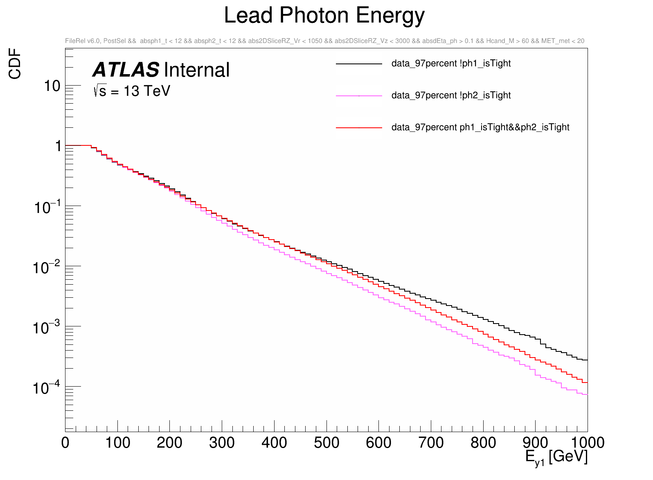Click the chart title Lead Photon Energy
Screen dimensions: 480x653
[x=324, y=16]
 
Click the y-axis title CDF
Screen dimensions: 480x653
[x=15, y=63]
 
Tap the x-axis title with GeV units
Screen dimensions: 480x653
[x=556, y=457]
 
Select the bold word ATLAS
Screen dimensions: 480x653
[x=126, y=70]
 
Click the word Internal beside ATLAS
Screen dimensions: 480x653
[x=197, y=70]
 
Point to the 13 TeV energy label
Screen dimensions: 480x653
[x=132, y=91]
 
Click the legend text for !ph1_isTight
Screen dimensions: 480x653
[x=451, y=63]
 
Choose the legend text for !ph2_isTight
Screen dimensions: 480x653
[x=451, y=95]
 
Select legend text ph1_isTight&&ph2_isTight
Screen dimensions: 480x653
[x=480, y=127]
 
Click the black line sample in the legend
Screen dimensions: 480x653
[x=359, y=64]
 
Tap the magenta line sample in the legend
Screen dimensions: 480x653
[x=359, y=96]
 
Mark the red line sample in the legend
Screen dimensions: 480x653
[x=359, y=128]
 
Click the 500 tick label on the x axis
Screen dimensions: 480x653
[x=326, y=443]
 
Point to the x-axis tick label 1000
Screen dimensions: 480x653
[x=588, y=443]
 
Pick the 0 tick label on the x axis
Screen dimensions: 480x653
[x=65, y=443]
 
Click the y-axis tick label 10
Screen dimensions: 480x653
[x=52, y=86]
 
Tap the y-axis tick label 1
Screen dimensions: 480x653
[x=58, y=146]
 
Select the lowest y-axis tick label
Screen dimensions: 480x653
[x=46, y=387]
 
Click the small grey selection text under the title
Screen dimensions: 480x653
[x=324, y=41]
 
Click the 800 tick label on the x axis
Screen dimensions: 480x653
[x=483, y=443]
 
